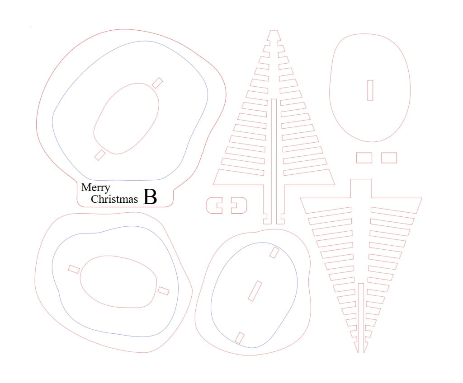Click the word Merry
[96, 188]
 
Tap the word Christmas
[114, 199]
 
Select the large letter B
[150, 197]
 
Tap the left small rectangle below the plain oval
[364, 158]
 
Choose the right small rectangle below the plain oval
[389, 158]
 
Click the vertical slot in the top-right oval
[370, 90]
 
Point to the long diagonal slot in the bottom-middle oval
[255, 291]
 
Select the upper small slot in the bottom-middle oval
[274, 252]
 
